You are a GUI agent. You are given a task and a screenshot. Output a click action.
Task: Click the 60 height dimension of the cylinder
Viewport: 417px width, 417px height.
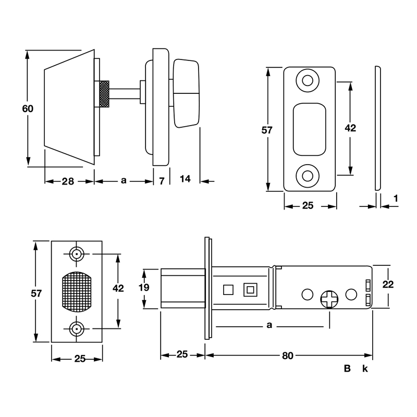tap(28, 109)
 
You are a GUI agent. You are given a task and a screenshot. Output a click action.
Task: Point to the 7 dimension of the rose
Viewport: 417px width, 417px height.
tap(162, 181)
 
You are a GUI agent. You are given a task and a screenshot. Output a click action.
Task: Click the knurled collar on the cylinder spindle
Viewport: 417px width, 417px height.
tap(104, 94)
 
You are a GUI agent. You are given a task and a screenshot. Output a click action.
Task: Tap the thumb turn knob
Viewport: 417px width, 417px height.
tap(187, 94)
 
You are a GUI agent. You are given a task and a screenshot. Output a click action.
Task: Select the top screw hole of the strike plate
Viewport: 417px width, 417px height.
tap(306, 81)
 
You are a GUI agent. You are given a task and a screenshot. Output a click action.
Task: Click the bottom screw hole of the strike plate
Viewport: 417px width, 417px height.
tap(306, 176)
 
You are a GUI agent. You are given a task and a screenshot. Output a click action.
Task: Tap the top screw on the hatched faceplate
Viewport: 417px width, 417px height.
tap(77, 254)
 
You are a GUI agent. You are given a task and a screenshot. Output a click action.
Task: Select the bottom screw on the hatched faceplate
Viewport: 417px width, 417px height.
tap(77, 329)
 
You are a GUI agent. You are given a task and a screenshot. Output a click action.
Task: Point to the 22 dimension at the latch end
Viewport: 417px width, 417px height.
tap(387, 284)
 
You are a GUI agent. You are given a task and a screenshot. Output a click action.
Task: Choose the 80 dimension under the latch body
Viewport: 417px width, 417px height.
tap(288, 355)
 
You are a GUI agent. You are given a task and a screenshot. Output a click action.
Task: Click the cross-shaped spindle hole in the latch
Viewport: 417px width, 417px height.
tap(329, 299)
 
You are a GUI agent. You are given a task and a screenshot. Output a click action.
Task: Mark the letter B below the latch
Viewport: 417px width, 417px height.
tap(347, 369)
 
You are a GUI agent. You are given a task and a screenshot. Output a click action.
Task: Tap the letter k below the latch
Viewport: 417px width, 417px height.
tap(365, 369)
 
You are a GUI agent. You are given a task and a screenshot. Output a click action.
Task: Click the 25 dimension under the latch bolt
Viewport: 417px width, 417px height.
tap(182, 355)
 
